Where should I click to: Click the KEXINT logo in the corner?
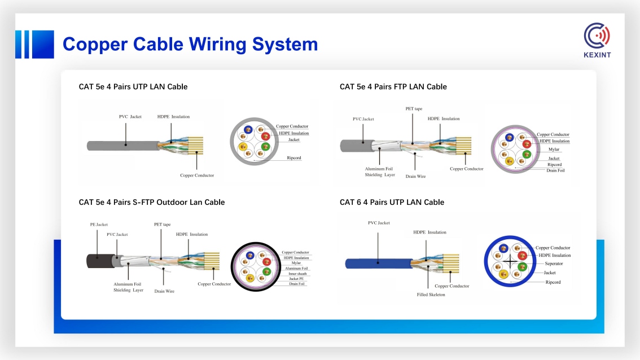pos(597,40)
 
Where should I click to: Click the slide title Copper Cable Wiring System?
pos(190,45)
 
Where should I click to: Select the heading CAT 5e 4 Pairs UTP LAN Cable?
pos(133,86)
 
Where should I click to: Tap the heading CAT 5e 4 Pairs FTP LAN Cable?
pos(393,86)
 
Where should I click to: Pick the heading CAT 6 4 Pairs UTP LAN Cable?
pos(392,202)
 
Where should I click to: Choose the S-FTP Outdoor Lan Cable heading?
pos(152,202)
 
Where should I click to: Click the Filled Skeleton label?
pos(431,295)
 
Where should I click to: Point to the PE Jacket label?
pos(99,225)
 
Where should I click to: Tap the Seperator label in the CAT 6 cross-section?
pos(554,264)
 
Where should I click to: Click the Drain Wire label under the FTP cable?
pos(415,176)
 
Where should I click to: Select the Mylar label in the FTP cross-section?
pos(554,150)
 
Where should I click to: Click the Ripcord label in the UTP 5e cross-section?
pos(294,157)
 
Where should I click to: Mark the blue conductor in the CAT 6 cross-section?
pos(503,248)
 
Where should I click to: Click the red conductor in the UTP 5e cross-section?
pos(265,137)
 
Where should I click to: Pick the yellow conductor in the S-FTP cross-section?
pos(250,278)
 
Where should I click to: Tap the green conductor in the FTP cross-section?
pos(527,154)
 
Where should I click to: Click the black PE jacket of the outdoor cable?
pos(100,261)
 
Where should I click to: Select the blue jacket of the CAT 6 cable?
pos(379,264)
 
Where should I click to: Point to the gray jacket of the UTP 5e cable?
pos(123,146)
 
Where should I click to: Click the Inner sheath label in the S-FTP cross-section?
pos(297,274)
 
